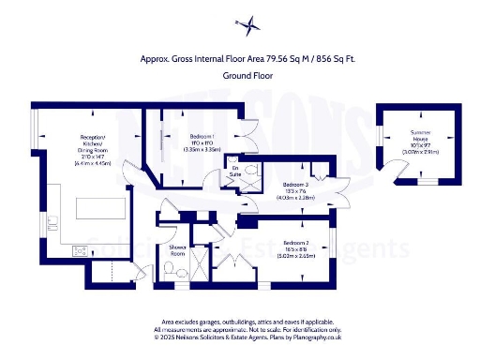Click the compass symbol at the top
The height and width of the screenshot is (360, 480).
pyautogui.click(x=240, y=23)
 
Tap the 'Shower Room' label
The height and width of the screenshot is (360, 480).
pyautogui.click(x=178, y=251)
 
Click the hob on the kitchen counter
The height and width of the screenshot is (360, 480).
pyautogui.click(x=80, y=249)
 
